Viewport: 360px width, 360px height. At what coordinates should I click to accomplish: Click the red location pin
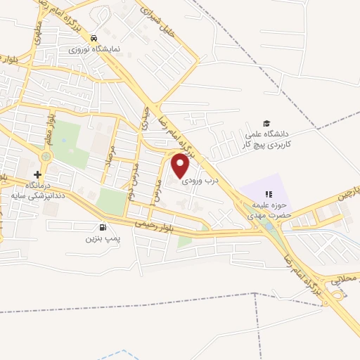(180, 165)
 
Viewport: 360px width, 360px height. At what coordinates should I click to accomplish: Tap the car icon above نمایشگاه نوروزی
(94, 39)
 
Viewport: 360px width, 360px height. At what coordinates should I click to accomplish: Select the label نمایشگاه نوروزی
(99, 49)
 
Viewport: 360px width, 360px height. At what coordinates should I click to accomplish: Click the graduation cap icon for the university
(266, 123)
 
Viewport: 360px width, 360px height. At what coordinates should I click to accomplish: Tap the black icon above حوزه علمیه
(267, 193)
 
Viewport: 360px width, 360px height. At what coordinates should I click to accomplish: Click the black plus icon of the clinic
(37, 174)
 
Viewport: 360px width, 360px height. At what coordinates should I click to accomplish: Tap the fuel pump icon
(103, 227)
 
